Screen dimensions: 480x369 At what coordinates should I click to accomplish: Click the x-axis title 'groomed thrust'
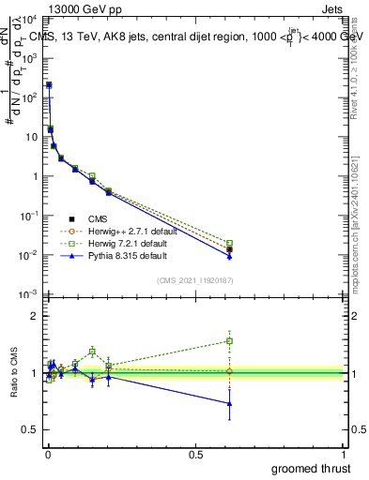click(x=312, y=467)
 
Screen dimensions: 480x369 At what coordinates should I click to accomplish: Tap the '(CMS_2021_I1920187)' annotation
click(x=194, y=280)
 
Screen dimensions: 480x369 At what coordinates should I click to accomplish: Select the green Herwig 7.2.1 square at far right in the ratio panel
click(x=230, y=341)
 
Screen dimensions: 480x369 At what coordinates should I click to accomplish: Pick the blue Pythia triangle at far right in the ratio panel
click(x=230, y=404)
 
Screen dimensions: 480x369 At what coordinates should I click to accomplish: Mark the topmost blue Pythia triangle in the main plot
click(x=49, y=84)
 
